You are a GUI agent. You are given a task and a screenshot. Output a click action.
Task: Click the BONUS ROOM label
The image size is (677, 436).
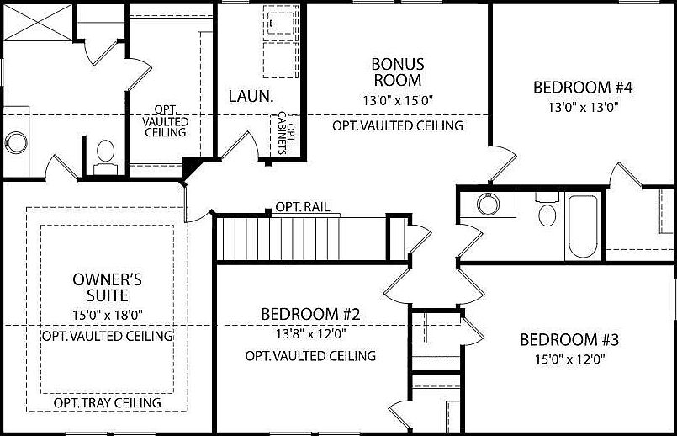pyautogui.click(x=397, y=72)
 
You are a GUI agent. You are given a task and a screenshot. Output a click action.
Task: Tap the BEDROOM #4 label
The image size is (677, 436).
pyautogui.click(x=582, y=88)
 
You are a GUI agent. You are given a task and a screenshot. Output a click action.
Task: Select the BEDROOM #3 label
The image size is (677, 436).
pyautogui.click(x=569, y=340)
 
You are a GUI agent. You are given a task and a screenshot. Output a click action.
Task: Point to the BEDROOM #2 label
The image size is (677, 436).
pyautogui.click(x=310, y=314)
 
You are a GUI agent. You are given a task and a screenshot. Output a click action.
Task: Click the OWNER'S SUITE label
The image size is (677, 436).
pyautogui.click(x=100, y=288)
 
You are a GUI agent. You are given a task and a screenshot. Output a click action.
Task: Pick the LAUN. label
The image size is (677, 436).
pyautogui.click(x=251, y=96)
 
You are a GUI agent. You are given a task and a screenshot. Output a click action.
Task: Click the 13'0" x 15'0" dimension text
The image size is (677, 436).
pyautogui.click(x=397, y=102)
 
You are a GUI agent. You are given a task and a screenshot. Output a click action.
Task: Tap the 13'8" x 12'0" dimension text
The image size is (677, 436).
pyautogui.click(x=310, y=332)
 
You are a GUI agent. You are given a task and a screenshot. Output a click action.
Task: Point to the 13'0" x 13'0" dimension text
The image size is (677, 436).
pyautogui.click(x=582, y=107)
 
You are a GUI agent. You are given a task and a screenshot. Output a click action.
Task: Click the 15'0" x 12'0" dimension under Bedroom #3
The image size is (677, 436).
pyautogui.click(x=569, y=359)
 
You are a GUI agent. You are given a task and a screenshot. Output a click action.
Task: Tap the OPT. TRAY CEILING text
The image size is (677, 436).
pyautogui.click(x=107, y=403)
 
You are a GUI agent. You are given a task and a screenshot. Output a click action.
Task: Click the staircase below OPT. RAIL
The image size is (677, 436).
pyautogui.click(x=278, y=238)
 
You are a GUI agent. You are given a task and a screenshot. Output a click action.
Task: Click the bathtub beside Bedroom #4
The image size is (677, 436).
pyautogui.click(x=582, y=226)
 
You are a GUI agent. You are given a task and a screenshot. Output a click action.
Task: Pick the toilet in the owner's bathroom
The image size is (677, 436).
pyautogui.click(x=105, y=155)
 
